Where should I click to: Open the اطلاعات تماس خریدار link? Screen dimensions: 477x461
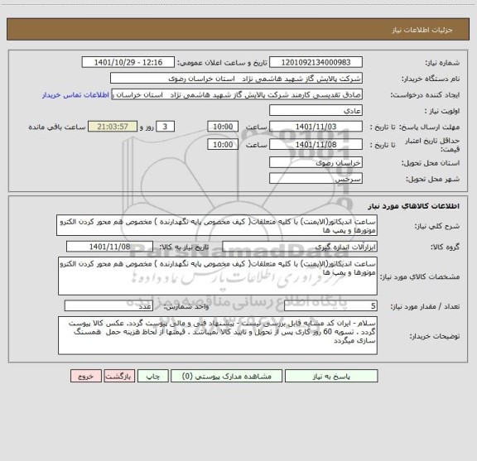coord(75,94)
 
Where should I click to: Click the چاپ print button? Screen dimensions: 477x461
coord(152,375)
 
